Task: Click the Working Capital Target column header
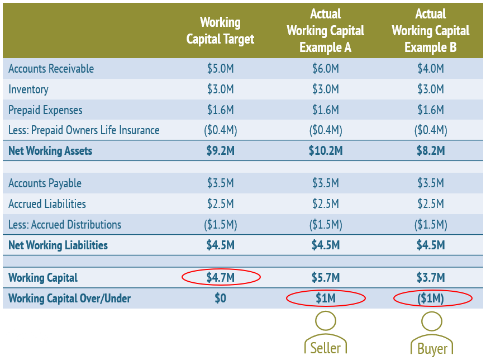(220, 31)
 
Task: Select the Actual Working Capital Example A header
(325, 31)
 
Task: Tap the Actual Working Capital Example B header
(430, 31)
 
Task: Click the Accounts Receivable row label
(51, 69)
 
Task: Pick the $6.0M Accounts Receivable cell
(325, 69)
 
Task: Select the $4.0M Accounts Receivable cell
(430, 69)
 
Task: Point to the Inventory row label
(28, 89)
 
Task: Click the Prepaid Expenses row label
(45, 110)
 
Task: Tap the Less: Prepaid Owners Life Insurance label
(84, 130)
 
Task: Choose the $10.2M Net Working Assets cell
(325, 151)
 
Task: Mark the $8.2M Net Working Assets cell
(430, 151)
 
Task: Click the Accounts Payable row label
(45, 183)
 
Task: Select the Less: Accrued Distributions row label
(65, 225)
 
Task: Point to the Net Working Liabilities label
(58, 245)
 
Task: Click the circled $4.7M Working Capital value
(220, 277)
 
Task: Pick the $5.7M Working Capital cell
(325, 278)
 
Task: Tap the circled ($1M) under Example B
(430, 299)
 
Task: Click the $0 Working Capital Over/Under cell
(220, 299)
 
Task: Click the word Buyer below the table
(432, 349)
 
